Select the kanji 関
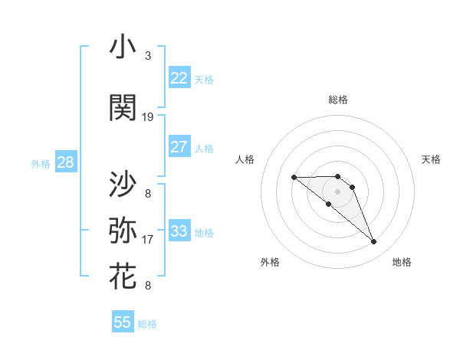point(123,109)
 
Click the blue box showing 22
point(179,78)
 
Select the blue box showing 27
point(179,147)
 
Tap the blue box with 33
point(179,231)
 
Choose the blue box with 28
point(65,162)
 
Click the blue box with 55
point(123,322)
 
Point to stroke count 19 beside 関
point(148,117)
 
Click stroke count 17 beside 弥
point(148,240)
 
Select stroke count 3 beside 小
point(148,56)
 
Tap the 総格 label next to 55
point(147,324)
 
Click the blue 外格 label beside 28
point(40,163)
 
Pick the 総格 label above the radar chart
point(337,100)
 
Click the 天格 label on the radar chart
point(431,159)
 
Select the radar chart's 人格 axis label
point(245,159)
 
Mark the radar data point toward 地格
point(374,242)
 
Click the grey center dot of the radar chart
point(337,191)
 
